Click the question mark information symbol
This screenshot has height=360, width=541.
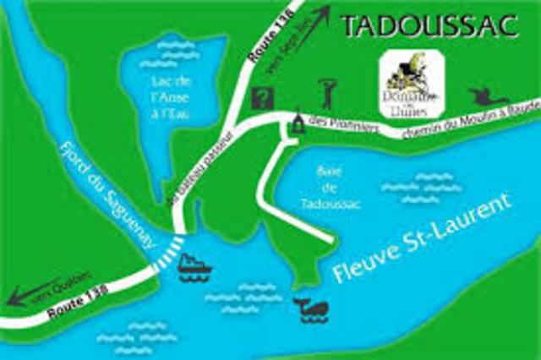tap(263, 97)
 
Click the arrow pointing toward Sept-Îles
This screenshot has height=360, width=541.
tap(313, 32)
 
